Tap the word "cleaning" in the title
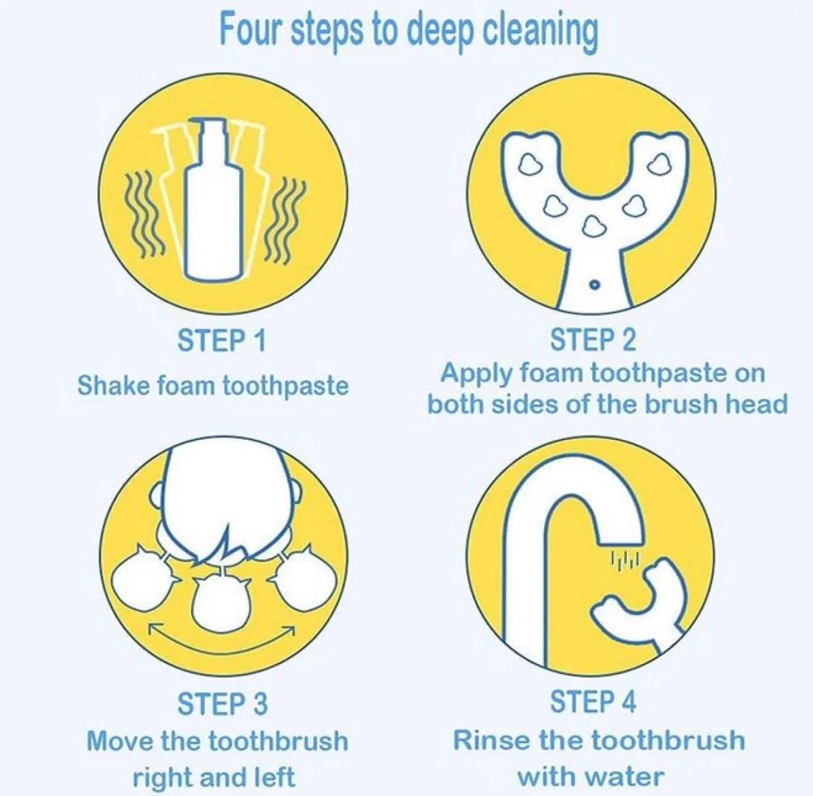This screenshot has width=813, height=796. [540, 34]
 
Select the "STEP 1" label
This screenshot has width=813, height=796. [222, 340]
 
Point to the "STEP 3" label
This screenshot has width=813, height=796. [222, 703]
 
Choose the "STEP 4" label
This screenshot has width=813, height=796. [593, 701]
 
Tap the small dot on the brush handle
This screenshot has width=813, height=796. [594, 286]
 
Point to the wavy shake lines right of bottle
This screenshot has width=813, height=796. [284, 219]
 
